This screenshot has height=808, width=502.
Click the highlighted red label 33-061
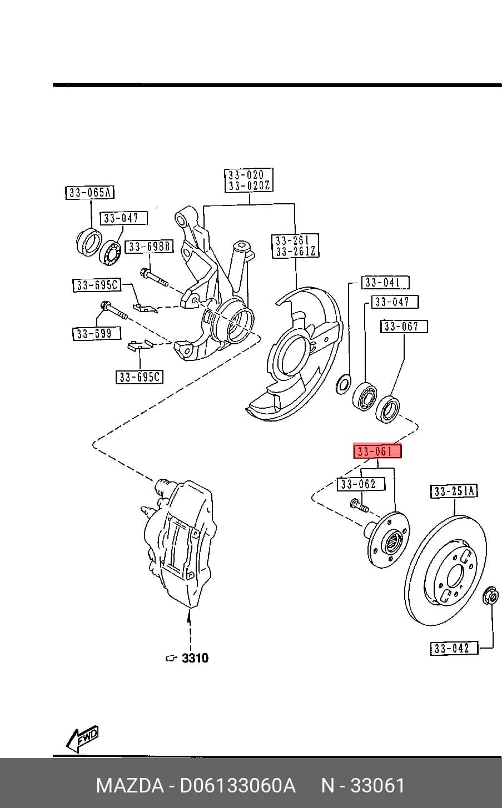377,451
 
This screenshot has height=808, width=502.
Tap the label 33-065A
90,193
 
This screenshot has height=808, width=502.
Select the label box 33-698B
149,247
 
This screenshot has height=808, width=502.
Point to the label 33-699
97,333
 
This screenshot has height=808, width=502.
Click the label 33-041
385,283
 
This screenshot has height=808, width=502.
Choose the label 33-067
404,327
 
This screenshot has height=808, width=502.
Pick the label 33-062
361,484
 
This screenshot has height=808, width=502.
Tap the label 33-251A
454,491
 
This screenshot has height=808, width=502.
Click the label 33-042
454,648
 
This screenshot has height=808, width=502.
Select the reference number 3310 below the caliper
195,658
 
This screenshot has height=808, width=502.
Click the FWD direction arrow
82,737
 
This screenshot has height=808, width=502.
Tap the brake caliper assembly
179,543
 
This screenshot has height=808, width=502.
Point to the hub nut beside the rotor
491,595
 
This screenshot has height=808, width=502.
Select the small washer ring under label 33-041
343,384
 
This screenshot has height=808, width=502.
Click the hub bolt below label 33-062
359,504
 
